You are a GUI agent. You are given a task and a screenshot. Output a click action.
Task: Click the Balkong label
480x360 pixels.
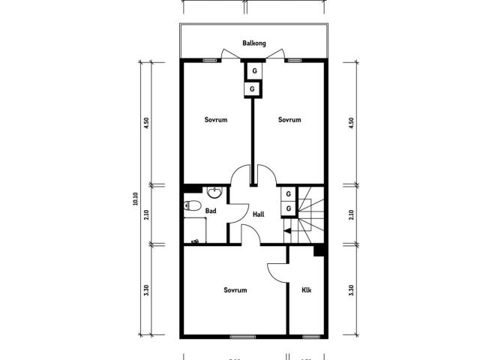point(254,43)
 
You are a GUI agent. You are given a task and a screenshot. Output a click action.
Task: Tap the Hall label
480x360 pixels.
point(259,214)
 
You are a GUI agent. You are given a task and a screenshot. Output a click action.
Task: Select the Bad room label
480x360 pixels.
point(211,211)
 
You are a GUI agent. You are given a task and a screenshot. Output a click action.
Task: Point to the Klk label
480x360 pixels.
point(307,289)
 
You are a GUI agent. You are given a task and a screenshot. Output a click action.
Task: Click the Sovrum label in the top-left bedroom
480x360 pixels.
point(216,120)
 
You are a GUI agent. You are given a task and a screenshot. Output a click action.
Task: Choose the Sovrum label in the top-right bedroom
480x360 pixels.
point(289,120)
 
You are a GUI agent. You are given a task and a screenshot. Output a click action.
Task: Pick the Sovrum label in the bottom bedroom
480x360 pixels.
point(235,289)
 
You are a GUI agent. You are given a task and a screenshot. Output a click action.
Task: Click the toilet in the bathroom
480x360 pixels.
point(192,205)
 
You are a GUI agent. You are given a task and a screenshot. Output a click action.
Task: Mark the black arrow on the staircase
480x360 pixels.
point(287,231)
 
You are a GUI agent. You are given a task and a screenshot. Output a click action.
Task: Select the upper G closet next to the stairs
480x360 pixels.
point(288,194)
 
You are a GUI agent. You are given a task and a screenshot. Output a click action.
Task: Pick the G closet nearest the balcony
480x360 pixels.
point(254,71)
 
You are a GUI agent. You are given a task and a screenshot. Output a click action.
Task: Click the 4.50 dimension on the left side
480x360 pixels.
point(147,123)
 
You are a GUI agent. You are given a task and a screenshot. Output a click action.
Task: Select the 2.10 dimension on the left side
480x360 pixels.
point(147,214)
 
